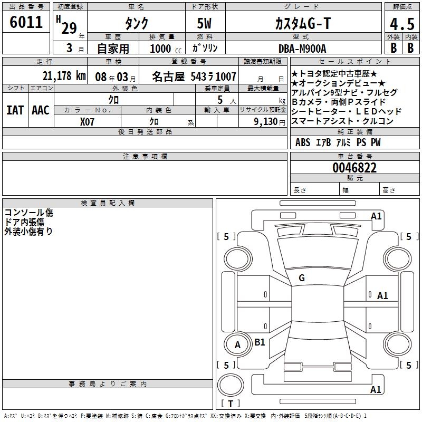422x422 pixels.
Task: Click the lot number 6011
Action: (27, 23)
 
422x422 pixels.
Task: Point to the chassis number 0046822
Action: (354, 168)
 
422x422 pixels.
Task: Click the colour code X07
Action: (88, 121)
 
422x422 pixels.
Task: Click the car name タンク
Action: (136, 24)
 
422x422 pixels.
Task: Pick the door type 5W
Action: (206, 24)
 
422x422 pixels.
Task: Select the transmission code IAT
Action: (15, 110)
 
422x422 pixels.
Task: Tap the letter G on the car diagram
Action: (302, 277)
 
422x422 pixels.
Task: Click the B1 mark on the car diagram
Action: (260, 342)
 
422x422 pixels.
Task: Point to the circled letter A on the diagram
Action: (237, 345)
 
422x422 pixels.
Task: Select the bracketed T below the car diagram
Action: (231, 404)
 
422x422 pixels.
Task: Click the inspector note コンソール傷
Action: (28, 213)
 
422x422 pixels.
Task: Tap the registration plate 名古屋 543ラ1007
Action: (194, 76)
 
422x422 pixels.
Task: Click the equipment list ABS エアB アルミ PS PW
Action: (338, 142)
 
